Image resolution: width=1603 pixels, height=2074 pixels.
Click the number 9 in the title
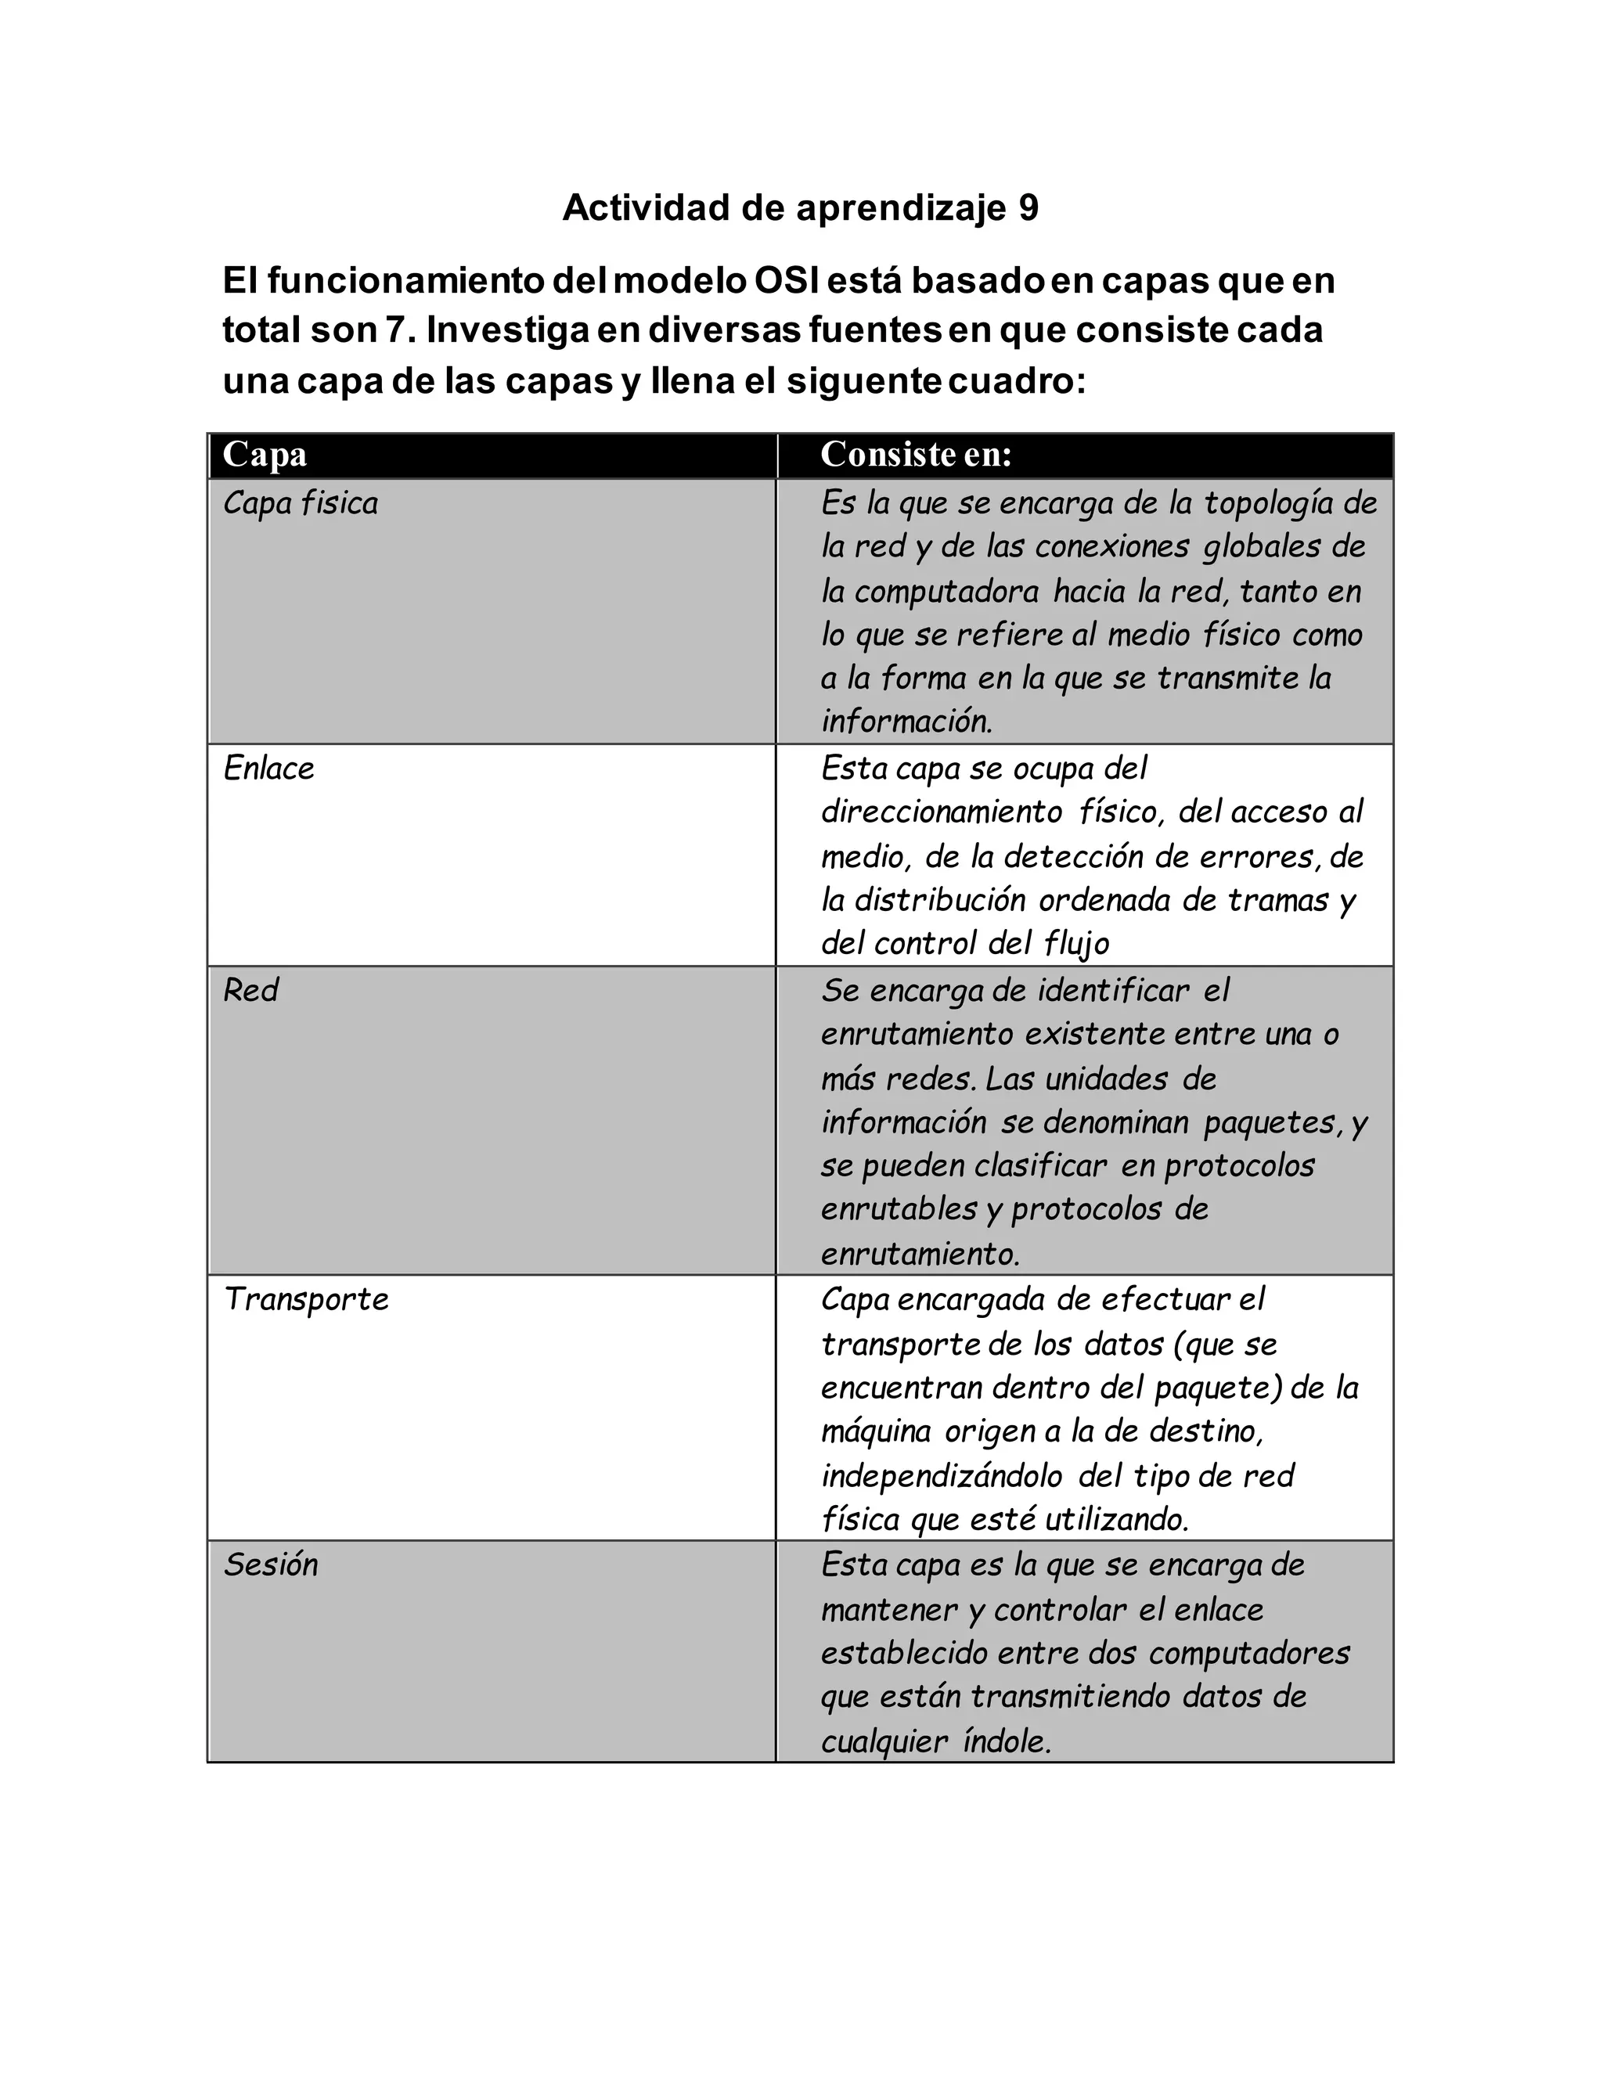[1028, 207]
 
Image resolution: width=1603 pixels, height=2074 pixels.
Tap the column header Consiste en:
[916, 455]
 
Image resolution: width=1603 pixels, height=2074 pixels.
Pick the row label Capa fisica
[300, 503]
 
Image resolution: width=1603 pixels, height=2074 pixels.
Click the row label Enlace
[268, 769]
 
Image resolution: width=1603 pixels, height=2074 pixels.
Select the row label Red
[250, 991]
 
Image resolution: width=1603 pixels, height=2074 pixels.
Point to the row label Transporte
[306, 1299]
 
